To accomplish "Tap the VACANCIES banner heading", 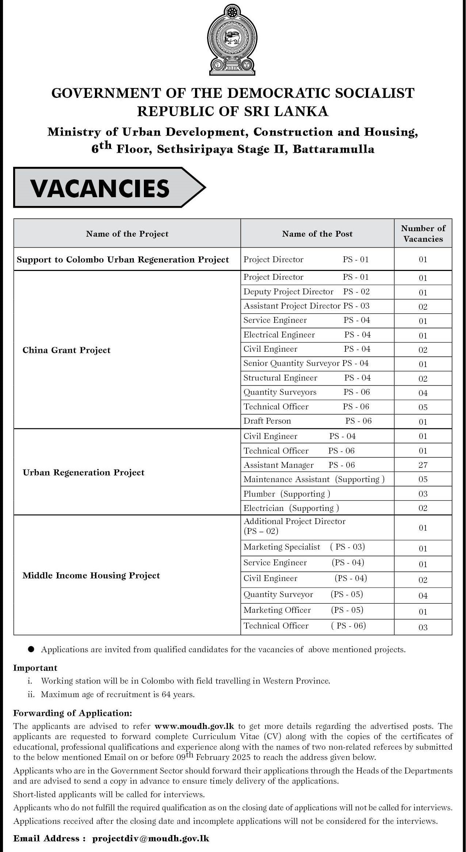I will tap(100, 188).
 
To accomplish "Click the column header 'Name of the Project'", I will tap(127, 234).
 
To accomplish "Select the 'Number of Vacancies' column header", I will tap(423, 233).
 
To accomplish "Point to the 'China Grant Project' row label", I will tap(66, 350).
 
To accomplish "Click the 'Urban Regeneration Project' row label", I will tap(84, 473).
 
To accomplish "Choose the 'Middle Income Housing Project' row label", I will tap(91, 576).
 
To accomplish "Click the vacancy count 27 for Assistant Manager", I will tap(423, 465).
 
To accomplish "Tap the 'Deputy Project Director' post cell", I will tap(289, 291).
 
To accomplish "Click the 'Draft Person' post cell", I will tap(267, 421).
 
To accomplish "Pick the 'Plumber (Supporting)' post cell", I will tap(287, 494).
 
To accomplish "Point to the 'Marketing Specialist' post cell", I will tap(282, 547).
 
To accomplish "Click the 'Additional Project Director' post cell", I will tap(294, 521).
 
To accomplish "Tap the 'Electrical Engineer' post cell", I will tap(279, 335).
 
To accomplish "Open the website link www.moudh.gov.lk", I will tap(194, 726).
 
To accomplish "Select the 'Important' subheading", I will tap(35, 668).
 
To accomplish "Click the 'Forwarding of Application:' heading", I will tap(73, 713).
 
